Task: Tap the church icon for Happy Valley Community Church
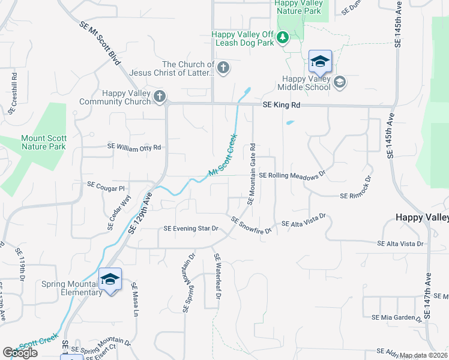click(x=159, y=96)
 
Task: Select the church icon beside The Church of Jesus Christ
click(x=223, y=67)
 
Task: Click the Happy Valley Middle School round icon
click(x=340, y=82)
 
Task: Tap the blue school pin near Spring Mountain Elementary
click(x=110, y=280)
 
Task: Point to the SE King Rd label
click(x=281, y=105)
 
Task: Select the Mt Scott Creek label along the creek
click(x=223, y=155)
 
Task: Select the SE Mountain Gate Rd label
click(x=252, y=173)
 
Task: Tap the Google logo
click(x=20, y=352)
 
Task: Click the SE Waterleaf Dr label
click(x=218, y=280)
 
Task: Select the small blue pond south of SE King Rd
click(x=291, y=123)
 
